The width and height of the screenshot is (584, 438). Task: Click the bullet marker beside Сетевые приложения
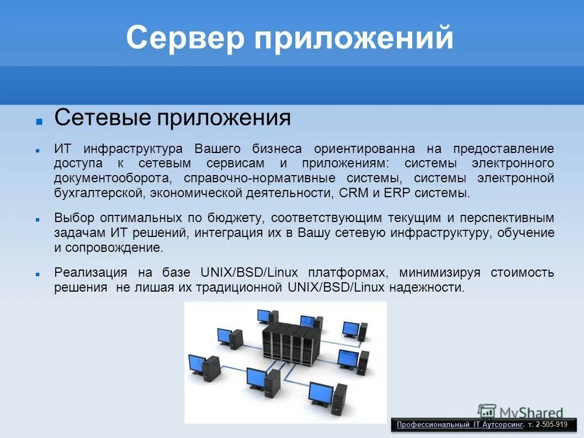pos(39,121)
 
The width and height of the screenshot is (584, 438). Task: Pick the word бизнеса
pos(277,149)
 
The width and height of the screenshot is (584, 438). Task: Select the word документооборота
pos(109,178)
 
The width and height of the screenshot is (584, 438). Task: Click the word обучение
pos(525,233)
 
